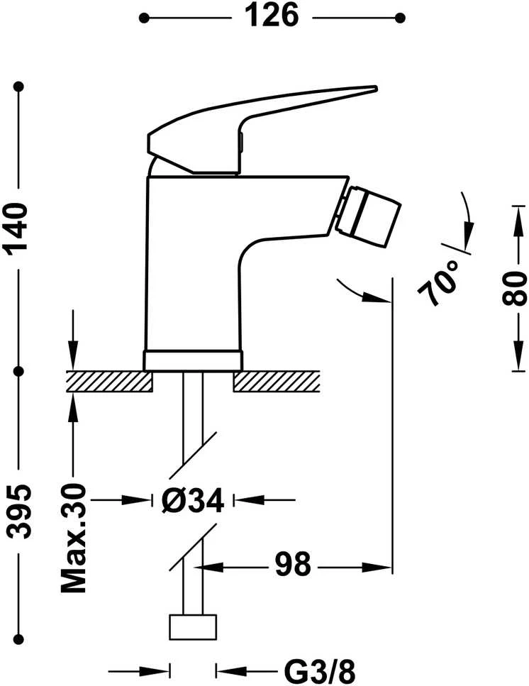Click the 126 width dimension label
(x=271, y=16)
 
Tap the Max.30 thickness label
(x=73, y=538)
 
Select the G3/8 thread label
(x=320, y=670)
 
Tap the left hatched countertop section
(x=109, y=382)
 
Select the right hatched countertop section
(x=277, y=382)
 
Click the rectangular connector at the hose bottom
(x=193, y=627)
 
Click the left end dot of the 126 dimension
(x=143, y=18)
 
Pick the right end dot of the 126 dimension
(x=400, y=18)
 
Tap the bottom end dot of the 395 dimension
(x=18, y=638)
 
